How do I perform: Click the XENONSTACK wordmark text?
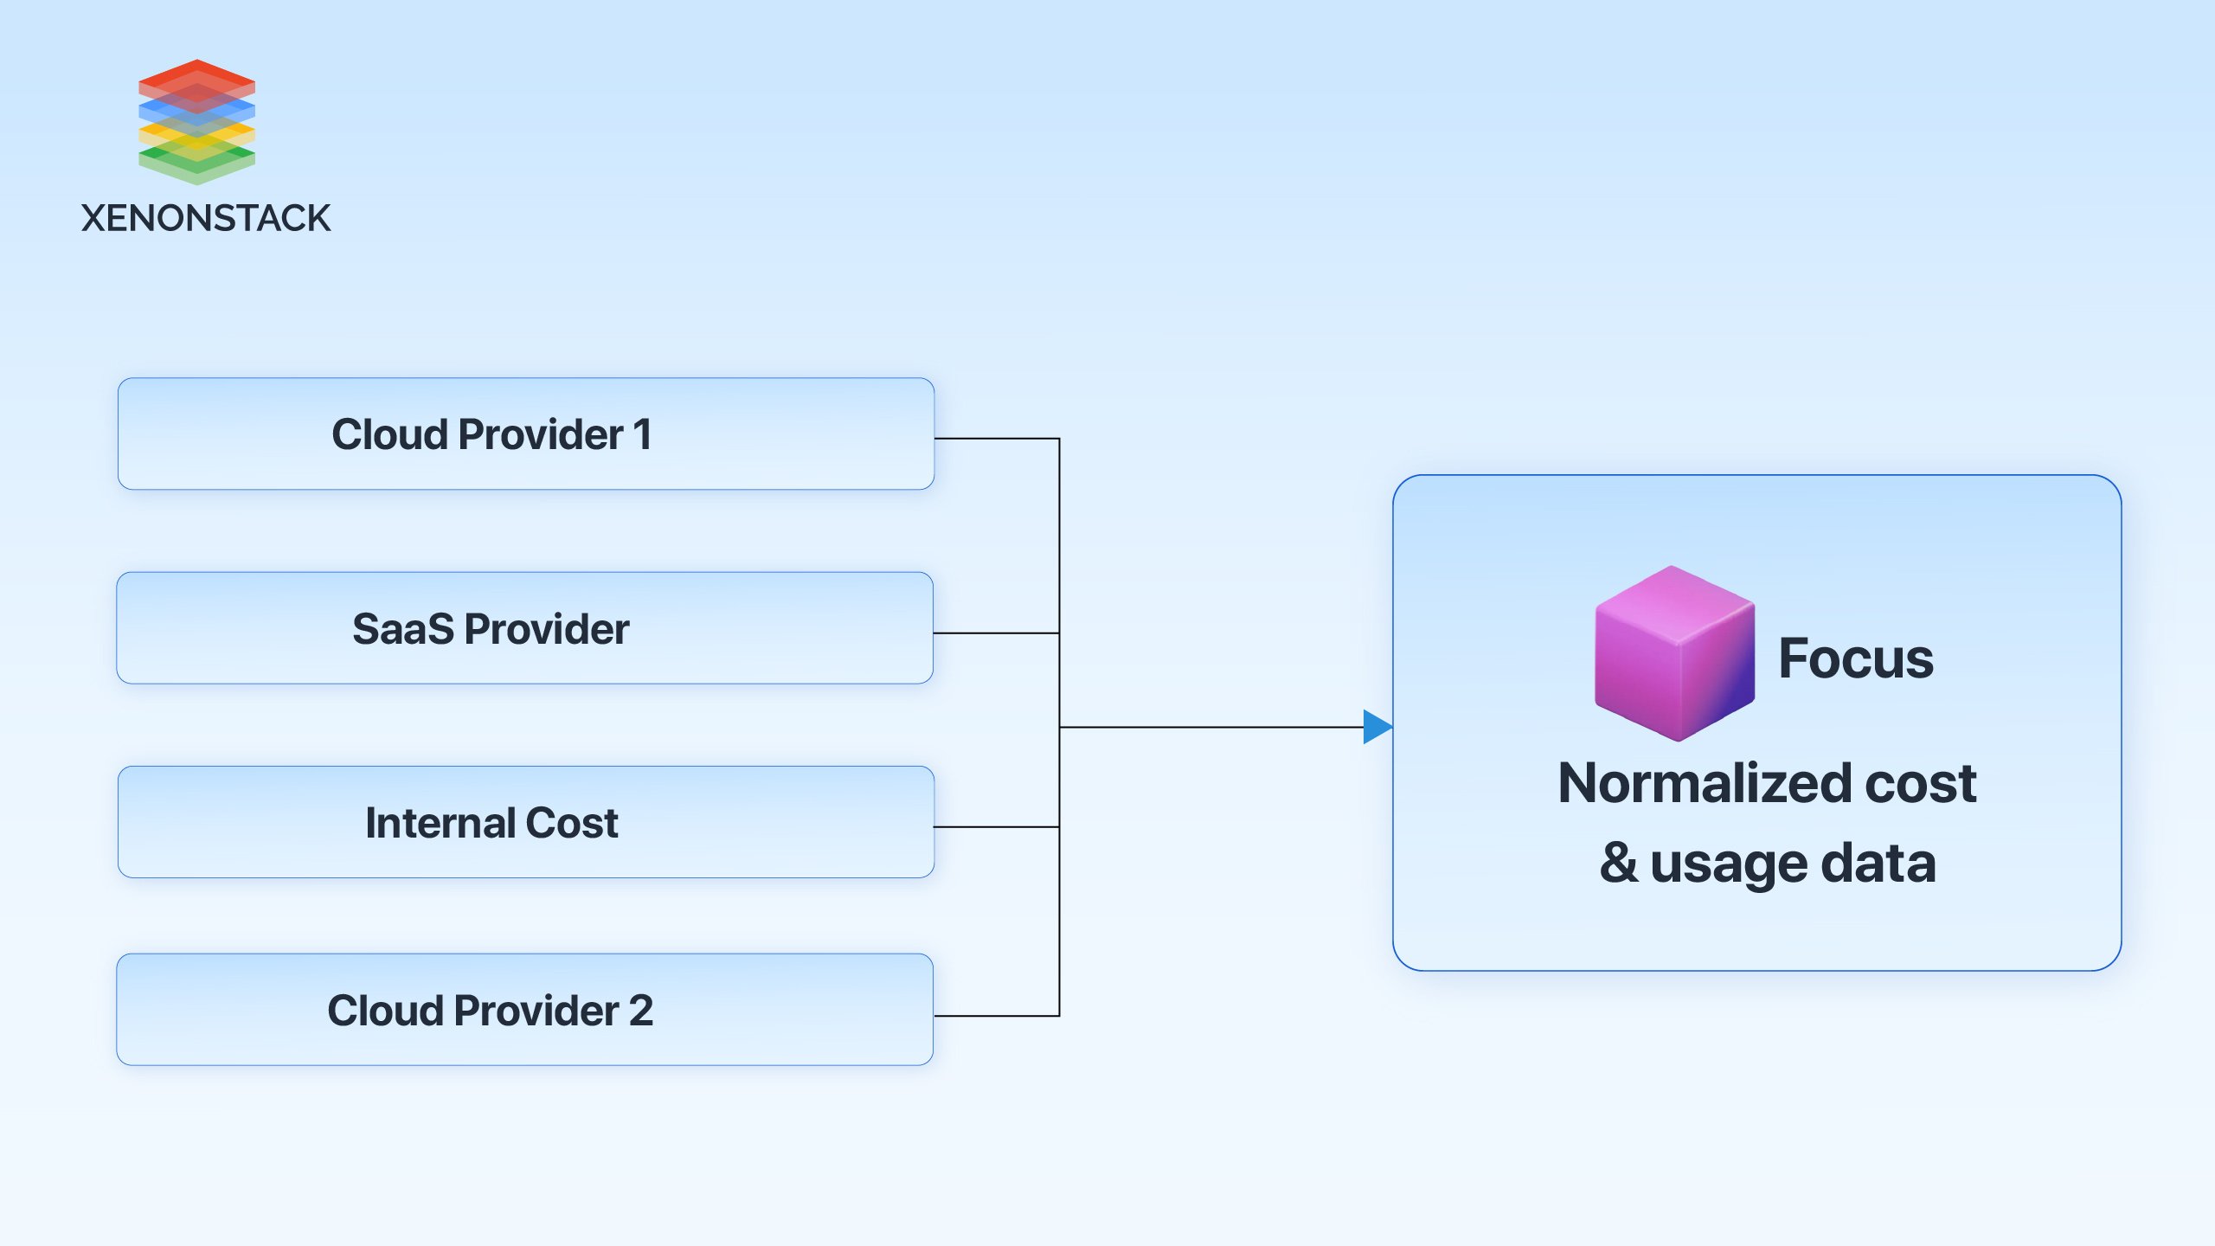point(206,218)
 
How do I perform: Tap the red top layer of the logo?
point(197,75)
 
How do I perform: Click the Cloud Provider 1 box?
point(525,434)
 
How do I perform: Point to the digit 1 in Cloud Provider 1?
point(642,434)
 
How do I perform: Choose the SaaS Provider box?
point(525,628)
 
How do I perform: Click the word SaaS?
point(403,629)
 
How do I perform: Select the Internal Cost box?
point(525,822)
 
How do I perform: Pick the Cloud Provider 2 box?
point(525,1010)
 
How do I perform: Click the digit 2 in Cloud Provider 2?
point(641,1011)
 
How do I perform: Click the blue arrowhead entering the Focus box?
point(1377,727)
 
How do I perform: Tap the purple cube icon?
point(1674,654)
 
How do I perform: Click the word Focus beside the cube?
point(1856,658)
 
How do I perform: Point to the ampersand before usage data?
point(1619,863)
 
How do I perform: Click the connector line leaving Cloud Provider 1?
point(995,439)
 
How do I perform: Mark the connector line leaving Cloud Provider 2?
point(995,1016)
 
